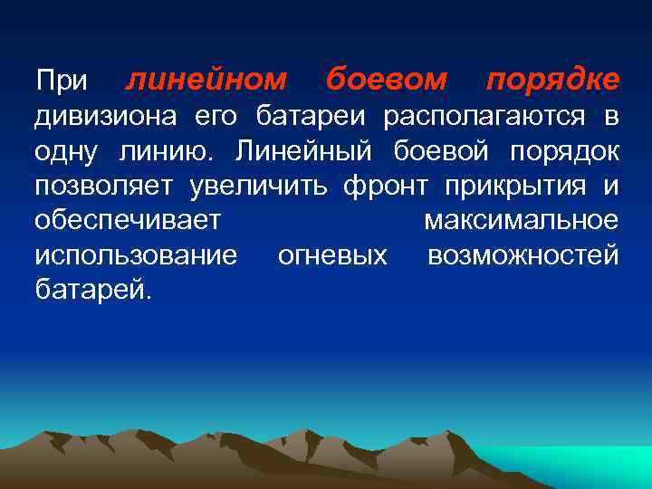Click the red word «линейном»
click(x=206, y=81)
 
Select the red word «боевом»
click(x=387, y=81)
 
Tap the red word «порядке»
click(x=552, y=81)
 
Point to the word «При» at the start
click(x=62, y=81)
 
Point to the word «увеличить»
click(x=261, y=187)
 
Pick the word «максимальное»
click(x=522, y=221)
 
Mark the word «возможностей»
click(x=523, y=256)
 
